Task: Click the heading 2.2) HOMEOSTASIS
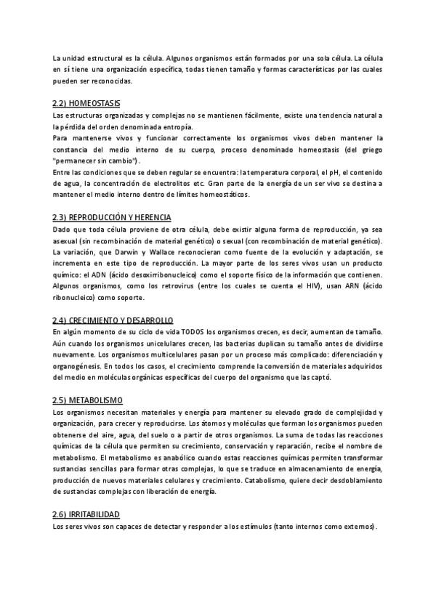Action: coord(87,104)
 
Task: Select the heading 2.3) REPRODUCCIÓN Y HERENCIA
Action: coord(112,217)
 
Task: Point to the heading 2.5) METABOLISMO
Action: coord(88,400)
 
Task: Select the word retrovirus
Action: coord(177,285)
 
